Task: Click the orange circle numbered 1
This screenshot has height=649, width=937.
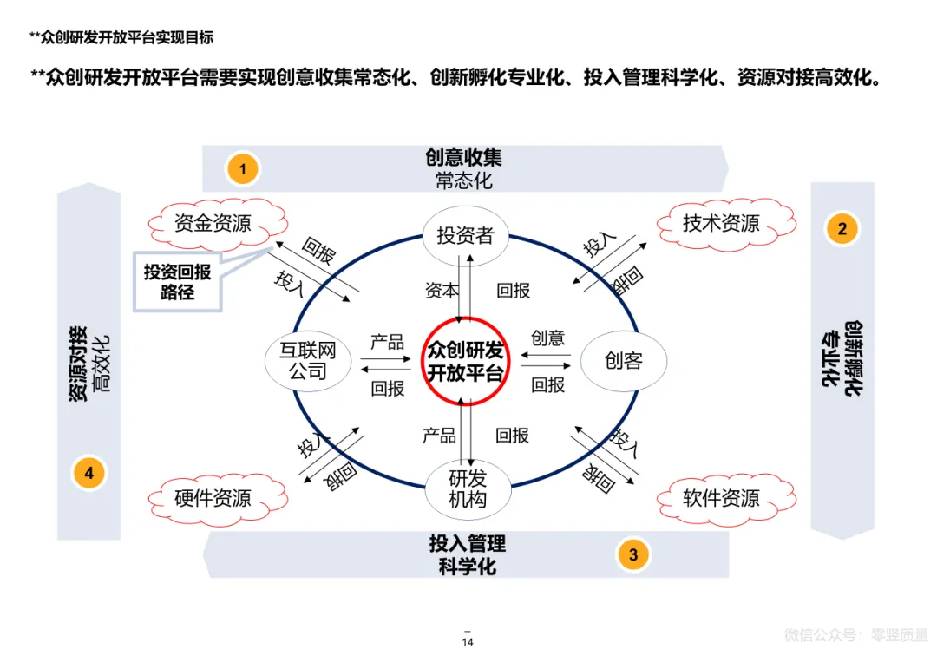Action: (243, 168)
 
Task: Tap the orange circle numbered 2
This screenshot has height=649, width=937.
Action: (842, 229)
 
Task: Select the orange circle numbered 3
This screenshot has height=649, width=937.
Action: (633, 554)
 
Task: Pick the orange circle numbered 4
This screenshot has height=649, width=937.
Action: (88, 473)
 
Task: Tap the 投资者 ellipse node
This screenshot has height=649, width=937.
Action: (465, 235)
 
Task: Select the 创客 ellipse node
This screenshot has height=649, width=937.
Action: (623, 361)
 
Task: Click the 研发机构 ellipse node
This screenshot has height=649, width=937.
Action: (467, 489)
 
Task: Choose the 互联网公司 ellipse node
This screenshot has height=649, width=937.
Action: (307, 361)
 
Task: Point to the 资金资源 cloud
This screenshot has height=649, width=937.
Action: (213, 224)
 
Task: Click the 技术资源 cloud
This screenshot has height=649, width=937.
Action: (721, 224)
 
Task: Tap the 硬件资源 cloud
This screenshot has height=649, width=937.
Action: (213, 498)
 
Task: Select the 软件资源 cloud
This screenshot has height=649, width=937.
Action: (721, 498)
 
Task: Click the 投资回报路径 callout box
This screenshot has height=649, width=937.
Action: (178, 282)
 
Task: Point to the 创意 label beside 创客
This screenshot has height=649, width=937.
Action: (547, 338)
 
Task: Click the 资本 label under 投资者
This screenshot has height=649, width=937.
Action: (442, 291)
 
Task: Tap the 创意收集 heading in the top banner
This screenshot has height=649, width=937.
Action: (463, 158)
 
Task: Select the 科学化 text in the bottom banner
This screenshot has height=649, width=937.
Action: (467, 567)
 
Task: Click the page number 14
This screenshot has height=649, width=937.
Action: (468, 641)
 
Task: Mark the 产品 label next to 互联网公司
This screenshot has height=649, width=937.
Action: (387, 342)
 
